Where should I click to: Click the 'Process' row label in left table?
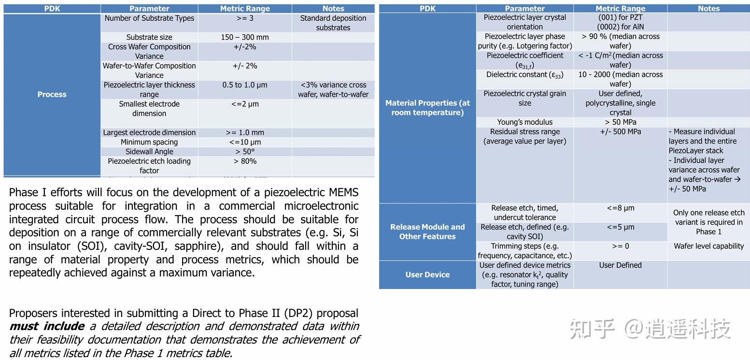pyautogui.click(x=52, y=94)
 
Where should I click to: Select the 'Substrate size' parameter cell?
pyautogui.click(x=149, y=37)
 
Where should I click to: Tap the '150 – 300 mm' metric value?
pyautogui.click(x=245, y=37)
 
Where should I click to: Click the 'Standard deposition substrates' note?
pyautogui.click(x=333, y=23)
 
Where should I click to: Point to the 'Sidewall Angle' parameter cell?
pyautogui.click(x=149, y=152)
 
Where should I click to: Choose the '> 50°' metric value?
pyautogui.click(x=245, y=152)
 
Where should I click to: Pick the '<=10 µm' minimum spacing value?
pyautogui.click(x=245, y=142)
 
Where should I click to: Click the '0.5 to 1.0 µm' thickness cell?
pyautogui.click(x=245, y=85)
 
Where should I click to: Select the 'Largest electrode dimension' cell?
pyautogui.click(x=149, y=132)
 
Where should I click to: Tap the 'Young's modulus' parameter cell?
pyautogui.click(x=524, y=122)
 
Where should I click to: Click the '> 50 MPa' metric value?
pyautogui.click(x=620, y=122)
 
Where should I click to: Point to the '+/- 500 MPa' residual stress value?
pyautogui.click(x=620, y=131)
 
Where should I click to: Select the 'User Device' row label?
pyautogui.click(x=427, y=274)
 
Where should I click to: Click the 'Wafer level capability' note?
pyautogui.click(x=708, y=246)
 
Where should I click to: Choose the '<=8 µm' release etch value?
pyautogui.click(x=620, y=208)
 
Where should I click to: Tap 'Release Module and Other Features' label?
pyautogui.click(x=427, y=231)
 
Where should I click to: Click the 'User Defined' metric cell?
pyautogui.click(x=620, y=265)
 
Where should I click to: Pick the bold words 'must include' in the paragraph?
pyautogui.click(x=47, y=326)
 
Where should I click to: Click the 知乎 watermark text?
pyautogui.click(x=592, y=329)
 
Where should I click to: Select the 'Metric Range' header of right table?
pyautogui.click(x=620, y=8)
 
